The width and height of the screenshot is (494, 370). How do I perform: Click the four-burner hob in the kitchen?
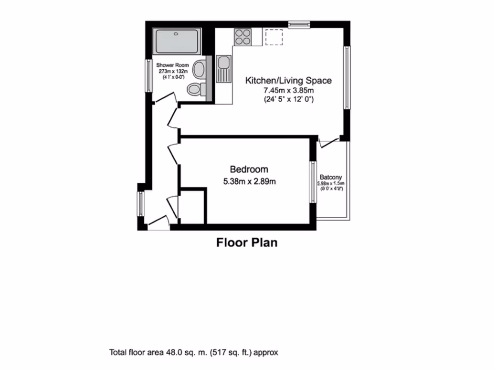(x=243, y=37)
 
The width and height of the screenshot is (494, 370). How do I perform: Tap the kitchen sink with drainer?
(x=223, y=69)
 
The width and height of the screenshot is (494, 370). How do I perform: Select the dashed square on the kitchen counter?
(x=274, y=37)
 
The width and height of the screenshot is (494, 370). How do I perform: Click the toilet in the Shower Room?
(x=195, y=89)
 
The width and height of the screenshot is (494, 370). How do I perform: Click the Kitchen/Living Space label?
(x=288, y=80)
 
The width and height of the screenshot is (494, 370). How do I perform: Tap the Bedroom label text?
(x=248, y=170)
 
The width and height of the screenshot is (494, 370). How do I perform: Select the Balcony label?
(x=330, y=177)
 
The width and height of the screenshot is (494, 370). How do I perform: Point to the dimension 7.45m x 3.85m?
(x=288, y=91)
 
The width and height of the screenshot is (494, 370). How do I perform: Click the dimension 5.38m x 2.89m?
(x=249, y=182)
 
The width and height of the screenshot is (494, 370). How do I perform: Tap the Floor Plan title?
(x=247, y=242)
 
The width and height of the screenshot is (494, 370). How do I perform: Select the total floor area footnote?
(x=194, y=352)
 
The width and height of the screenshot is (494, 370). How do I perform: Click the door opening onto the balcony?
(x=329, y=143)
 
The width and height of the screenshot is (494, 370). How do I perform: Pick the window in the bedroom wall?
(x=312, y=182)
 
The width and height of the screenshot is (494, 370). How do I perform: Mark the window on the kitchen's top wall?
(x=299, y=23)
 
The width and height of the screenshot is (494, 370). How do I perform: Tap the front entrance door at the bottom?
(x=157, y=222)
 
